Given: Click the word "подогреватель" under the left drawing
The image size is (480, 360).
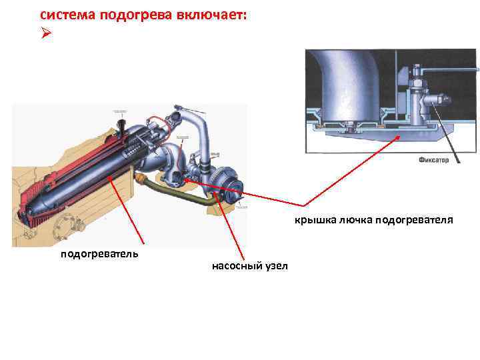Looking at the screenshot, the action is (x=99, y=253).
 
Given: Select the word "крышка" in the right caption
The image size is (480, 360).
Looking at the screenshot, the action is (x=315, y=219).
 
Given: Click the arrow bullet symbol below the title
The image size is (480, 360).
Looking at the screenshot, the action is (x=45, y=33).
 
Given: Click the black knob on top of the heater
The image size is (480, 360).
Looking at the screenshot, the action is (x=121, y=125).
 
